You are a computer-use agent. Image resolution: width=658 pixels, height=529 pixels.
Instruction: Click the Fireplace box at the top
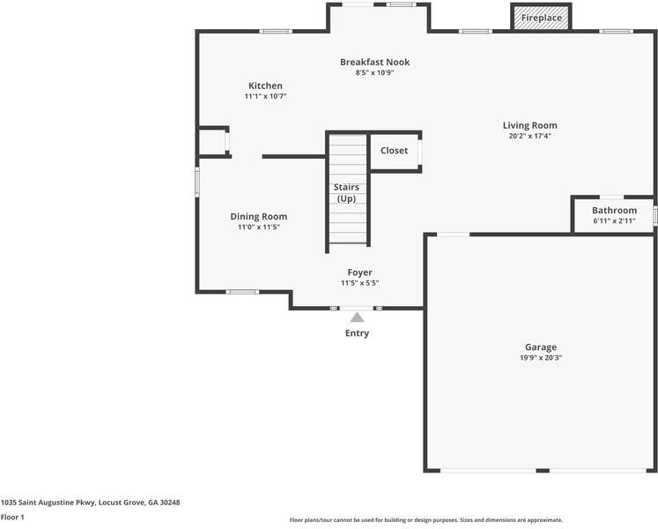541,18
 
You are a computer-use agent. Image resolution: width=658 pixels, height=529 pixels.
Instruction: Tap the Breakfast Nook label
374,62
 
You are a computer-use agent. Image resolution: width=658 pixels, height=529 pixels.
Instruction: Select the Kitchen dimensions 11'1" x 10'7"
265,96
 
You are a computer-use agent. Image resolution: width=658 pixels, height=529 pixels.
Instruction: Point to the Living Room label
529,125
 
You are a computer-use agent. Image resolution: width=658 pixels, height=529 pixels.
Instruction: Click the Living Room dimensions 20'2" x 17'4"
529,136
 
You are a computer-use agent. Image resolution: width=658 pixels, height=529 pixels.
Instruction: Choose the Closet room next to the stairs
394,151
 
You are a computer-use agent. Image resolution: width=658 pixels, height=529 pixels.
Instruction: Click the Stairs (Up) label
346,193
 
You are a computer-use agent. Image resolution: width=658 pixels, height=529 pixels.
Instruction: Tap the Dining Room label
258,216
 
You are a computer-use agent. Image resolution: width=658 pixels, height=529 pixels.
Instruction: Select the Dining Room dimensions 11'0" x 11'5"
258,227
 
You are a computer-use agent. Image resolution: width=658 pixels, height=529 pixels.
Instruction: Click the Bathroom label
614,210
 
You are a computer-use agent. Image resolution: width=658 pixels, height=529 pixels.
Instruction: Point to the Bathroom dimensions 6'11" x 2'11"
614,220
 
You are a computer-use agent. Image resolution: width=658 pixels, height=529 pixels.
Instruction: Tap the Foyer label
359,272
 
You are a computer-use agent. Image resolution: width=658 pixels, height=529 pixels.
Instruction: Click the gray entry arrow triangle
357,317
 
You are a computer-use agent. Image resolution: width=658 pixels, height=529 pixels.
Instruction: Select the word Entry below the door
357,333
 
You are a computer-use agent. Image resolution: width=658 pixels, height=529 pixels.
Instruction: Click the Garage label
541,346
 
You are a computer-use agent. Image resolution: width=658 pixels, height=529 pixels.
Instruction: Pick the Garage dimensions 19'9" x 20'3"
541,357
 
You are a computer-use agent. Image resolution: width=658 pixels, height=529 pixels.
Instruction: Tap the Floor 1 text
12,517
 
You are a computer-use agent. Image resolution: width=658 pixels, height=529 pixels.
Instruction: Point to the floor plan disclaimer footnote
425,520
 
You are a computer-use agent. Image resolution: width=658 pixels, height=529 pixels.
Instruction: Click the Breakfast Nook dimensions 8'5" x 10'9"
374,72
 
